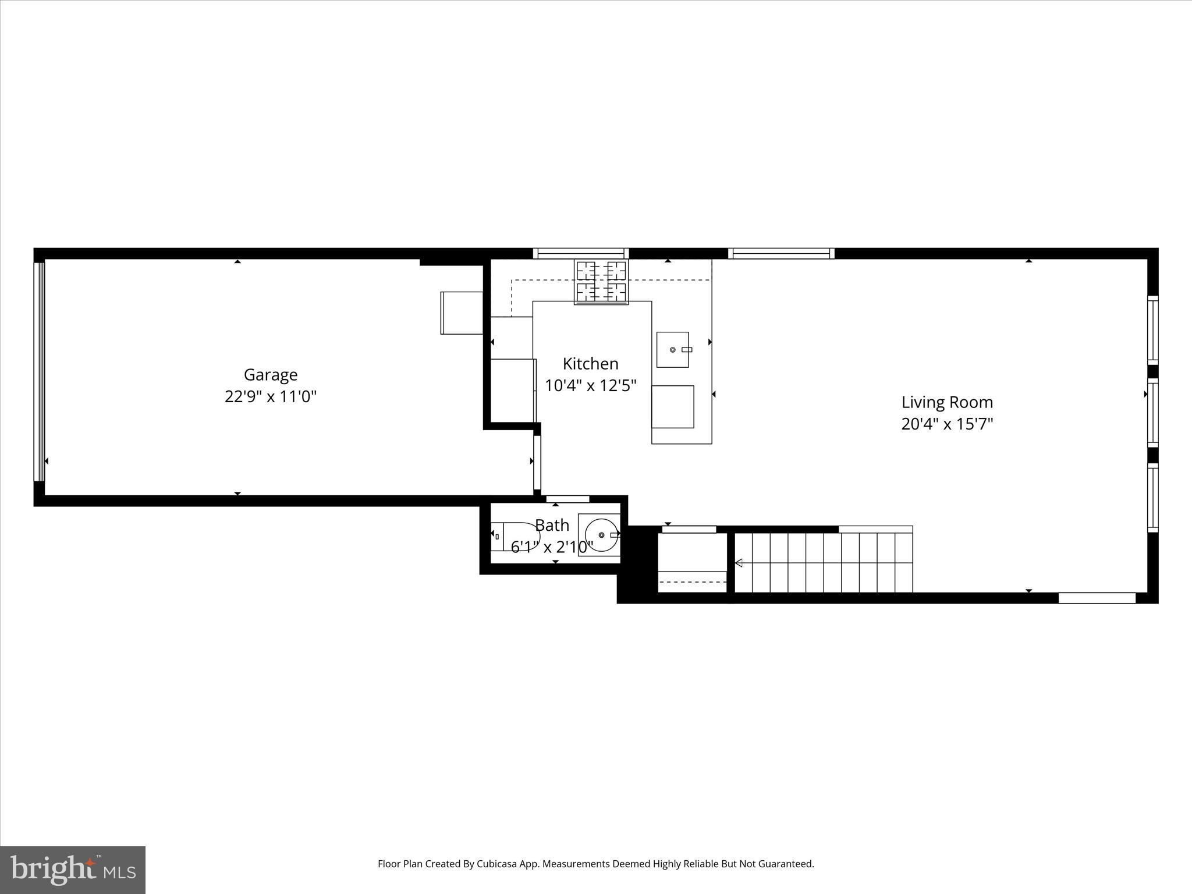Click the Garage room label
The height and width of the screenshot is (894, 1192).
click(270, 375)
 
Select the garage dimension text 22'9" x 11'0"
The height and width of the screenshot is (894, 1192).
click(270, 397)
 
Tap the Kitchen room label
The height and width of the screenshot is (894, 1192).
click(590, 364)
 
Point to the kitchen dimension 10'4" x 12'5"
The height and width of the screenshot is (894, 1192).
click(590, 386)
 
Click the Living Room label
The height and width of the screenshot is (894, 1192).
click(947, 402)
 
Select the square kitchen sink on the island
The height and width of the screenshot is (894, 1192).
click(672, 350)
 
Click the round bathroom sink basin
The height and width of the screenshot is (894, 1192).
click(601, 535)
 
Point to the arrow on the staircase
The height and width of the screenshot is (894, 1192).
click(739, 563)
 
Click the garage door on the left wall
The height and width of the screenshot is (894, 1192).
click(39, 372)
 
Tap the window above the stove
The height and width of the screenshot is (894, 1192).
click(581, 253)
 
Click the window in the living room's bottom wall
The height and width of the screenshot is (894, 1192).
click(1097, 598)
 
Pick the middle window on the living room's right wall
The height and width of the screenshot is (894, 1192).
click(1152, 413)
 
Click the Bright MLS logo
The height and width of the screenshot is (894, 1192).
click(73, 870)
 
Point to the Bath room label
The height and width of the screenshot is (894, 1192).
click(552, 526)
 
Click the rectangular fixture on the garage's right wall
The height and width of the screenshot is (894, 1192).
click(462, 313)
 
